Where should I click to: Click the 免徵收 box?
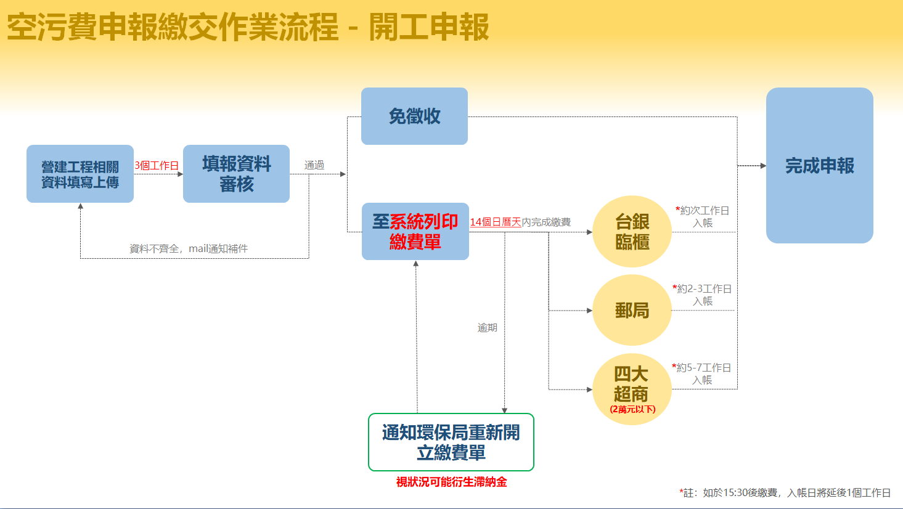pos(414,116)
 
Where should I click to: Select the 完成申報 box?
pos(820,165)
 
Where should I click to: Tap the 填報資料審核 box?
pos(236,174)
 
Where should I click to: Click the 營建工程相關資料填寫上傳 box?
pos(80,174)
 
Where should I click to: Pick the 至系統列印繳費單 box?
pos(415,231)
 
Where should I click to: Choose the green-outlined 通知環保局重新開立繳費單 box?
pos(451,442)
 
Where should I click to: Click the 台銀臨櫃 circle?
pos(632,231)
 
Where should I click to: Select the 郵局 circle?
pos(632,311)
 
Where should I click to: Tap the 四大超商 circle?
pos(632,389)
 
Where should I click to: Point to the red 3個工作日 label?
pos(157,165)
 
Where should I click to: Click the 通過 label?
pos(314,165)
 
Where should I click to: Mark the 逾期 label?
pos(488,328)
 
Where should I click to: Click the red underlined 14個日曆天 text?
pos(496,222)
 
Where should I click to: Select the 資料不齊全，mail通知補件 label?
pos(189,248)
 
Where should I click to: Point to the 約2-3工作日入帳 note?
pos(702,295)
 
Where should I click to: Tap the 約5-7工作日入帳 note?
pos(701,373)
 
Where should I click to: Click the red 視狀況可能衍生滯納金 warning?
pos(451,482)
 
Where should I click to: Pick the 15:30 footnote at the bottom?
pos(785,492)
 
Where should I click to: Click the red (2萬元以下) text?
pos(632,409)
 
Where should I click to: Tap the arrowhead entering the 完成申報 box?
pos(763,166)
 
